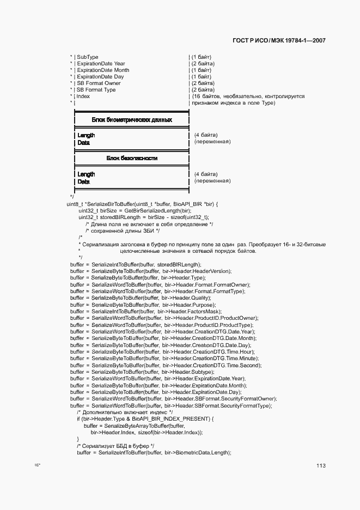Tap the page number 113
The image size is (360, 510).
320,466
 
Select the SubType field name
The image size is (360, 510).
88,57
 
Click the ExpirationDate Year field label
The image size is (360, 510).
101,64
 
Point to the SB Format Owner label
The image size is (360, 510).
99,83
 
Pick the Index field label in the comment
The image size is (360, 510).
83,96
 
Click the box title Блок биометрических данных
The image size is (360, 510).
132,119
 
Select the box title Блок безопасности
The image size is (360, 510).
132,158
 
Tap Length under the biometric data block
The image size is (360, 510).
86,135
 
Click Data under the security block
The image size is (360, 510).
83,181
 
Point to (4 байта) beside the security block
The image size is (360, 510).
206,174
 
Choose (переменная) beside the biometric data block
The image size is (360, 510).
212,142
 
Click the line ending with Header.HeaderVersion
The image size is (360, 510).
150,271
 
